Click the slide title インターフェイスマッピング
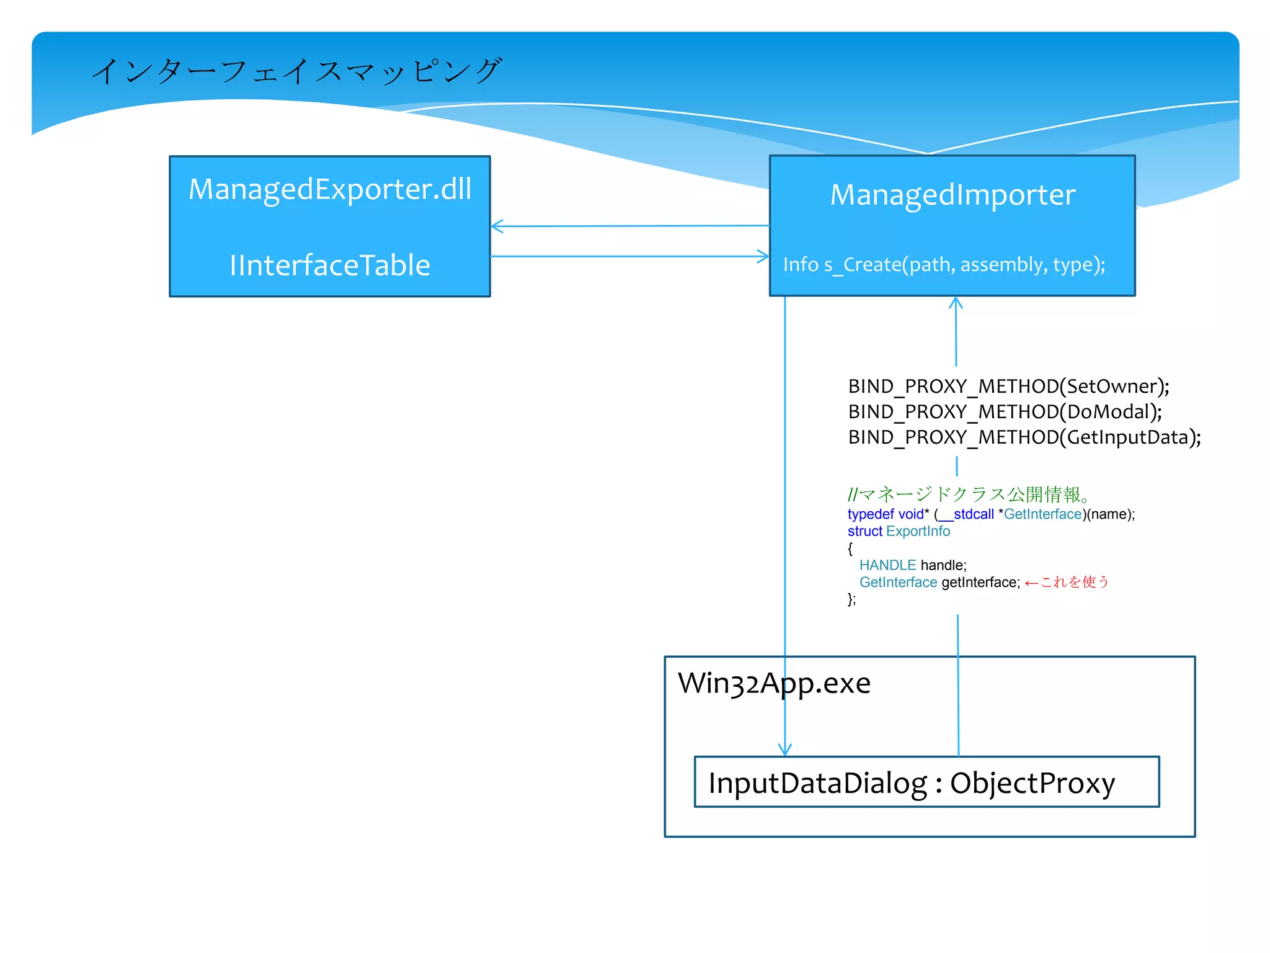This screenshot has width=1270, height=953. click(x=296, y=71)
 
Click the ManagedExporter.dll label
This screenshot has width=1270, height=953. click(x=330, y=189)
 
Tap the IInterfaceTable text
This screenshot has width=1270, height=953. click(x=330, y=266)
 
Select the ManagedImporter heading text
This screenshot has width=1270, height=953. click(x=952, y=195)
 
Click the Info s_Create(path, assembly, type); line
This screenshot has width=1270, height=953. click(x=944, y=265)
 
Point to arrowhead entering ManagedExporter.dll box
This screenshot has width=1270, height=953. click(x=496, y=226)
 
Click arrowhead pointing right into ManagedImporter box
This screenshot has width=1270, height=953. click(x=764, y=256)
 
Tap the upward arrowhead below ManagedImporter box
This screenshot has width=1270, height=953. click(x=956, y=302)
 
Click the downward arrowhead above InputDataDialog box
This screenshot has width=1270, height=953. click(x=785, y=750)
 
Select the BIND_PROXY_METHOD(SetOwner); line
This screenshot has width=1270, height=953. click(x=1008, y=387)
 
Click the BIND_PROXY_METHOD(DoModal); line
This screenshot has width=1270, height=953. click(x=1005, y=412)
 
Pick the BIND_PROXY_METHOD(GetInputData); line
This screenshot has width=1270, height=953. click(x=1024, y=437)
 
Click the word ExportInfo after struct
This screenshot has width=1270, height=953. click(x=918, y=531)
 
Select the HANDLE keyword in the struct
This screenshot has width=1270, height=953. click(x=887, y=565)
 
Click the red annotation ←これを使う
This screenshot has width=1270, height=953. click(x=1066, y=582)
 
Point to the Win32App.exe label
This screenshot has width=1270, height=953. click(x=774, y=683)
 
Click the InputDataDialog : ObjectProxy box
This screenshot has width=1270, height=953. click(x=926, y=782)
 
